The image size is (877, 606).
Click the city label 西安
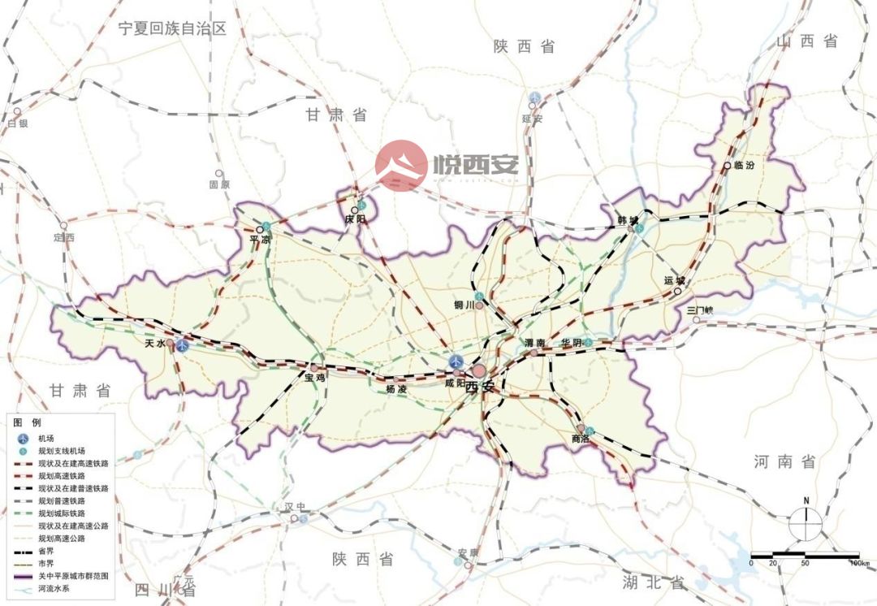pos(480,387)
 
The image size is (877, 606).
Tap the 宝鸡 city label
pos(315,378)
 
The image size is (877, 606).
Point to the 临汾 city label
pos(743,165)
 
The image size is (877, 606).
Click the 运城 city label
pos(674,280)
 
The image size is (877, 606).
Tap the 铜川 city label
pos(464,305)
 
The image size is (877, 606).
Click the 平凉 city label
pos(260,240)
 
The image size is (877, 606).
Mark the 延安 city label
pos(532,119)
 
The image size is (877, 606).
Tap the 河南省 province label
pos(784,461)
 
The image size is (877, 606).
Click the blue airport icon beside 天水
pos(184,345)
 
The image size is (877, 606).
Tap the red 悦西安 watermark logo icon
pos(401,166)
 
